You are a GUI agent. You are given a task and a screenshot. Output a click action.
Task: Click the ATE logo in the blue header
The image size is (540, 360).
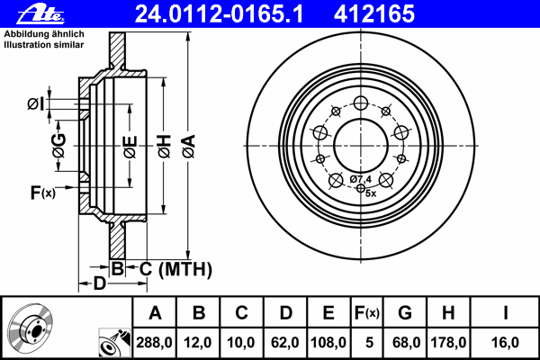[40, 14]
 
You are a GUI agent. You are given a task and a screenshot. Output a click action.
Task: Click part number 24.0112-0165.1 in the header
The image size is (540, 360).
[219, 14]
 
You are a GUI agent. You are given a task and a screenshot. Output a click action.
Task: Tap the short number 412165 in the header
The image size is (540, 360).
[374, 14]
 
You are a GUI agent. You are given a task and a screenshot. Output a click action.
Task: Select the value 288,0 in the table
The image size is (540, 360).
[154, 342]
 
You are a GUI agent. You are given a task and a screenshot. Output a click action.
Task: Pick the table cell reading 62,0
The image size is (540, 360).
[285, 342]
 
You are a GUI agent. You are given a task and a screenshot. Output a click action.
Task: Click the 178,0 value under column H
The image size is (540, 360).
[448, 342]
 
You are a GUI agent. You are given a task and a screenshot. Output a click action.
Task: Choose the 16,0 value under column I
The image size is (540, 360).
[505, 342]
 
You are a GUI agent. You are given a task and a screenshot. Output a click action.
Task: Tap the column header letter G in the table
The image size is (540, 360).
[405, 313]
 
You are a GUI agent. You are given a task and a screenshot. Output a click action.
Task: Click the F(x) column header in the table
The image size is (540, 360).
[367, 313]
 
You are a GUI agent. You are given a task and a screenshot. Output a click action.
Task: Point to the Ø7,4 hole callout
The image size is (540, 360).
[361, 179]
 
